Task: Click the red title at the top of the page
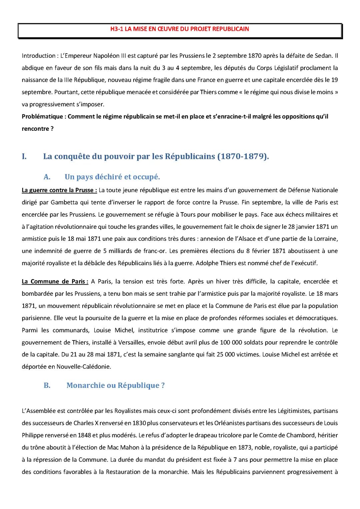(x=180, y=29)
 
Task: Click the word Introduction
(x=38, y=56)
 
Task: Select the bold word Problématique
(x=42, y=116)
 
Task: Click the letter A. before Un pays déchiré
(x=47, y=177)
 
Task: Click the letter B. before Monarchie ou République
(x=47, y=385)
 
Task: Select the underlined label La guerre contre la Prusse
(x=59, y=190)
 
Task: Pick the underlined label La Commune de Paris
(x=55, y=281)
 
